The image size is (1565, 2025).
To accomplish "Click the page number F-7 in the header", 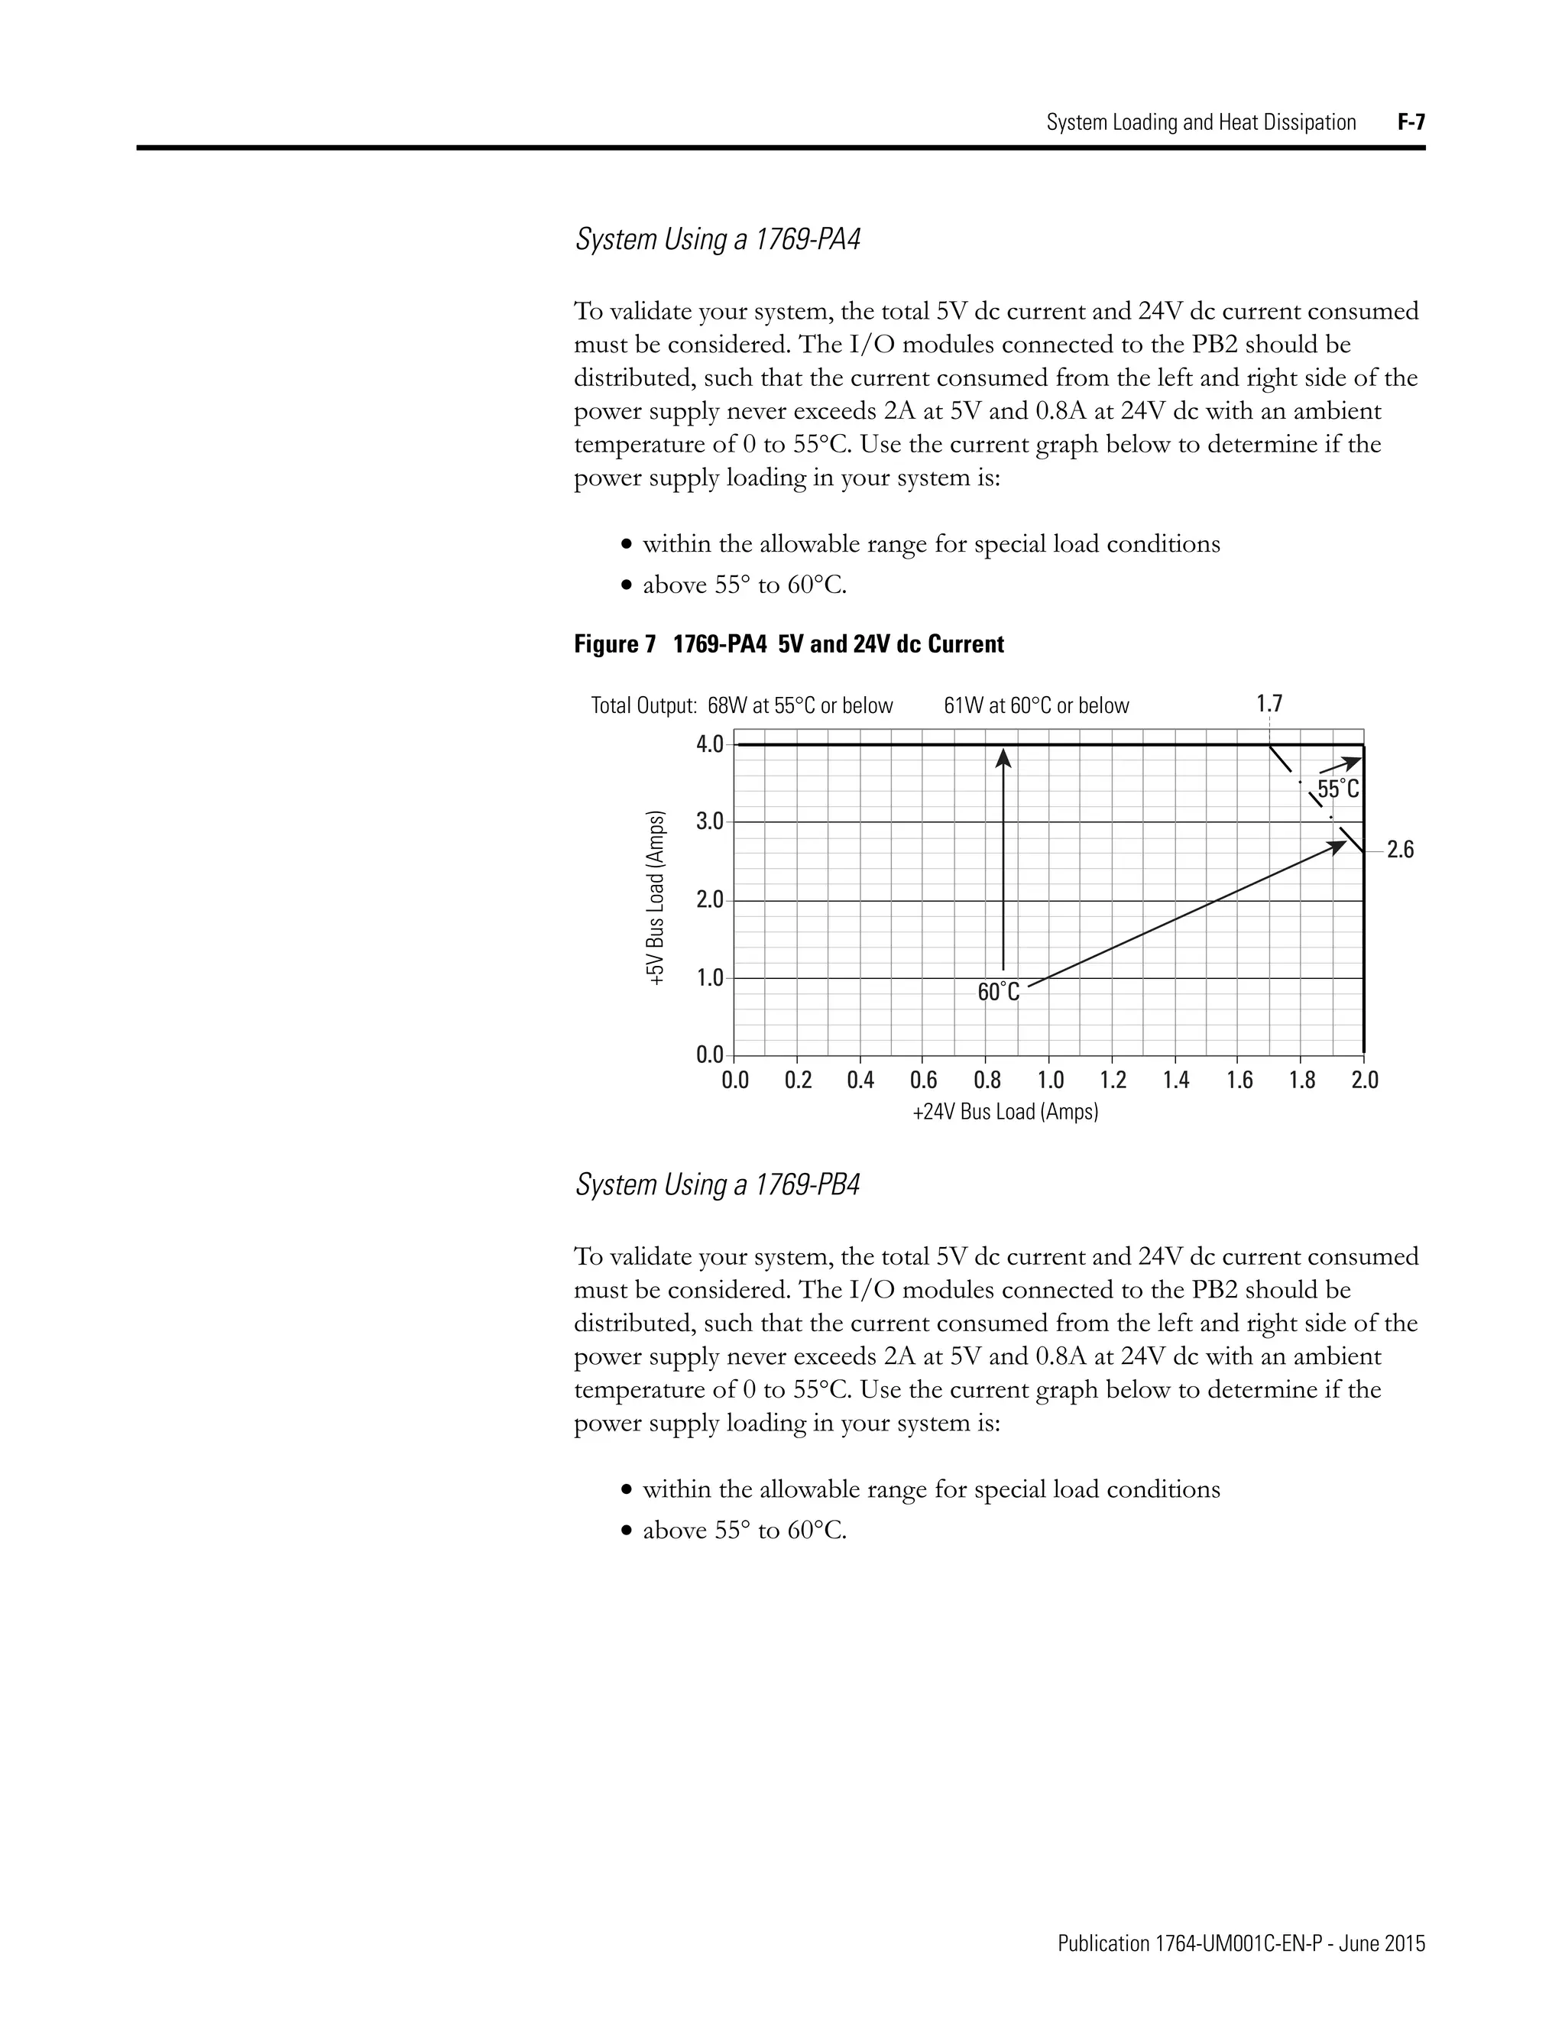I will coord(1410,122).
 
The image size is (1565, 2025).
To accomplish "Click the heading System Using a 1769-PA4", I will coord(718,239).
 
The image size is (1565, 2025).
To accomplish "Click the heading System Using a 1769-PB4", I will coord(718,1185).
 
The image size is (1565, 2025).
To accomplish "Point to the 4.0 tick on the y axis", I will coord(709,744).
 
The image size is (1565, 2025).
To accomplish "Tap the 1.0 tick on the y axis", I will coord(709,978).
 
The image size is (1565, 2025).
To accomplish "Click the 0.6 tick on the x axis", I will coord(923,1081).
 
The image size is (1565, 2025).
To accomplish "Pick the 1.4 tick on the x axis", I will coord(1175,1081).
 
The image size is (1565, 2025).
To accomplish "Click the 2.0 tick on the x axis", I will coord(1365,1081).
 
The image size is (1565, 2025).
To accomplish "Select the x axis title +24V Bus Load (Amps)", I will coord(1005,1112).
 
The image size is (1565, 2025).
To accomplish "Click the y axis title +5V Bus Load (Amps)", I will coord(656,898).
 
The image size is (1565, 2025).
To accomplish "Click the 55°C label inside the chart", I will coord(1338,789).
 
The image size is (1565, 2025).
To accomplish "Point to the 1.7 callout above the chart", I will coord(1269,704).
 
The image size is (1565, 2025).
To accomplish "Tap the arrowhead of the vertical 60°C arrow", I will coord(1003,759).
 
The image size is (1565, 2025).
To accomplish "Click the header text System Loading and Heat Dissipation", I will coord(1200,122).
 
